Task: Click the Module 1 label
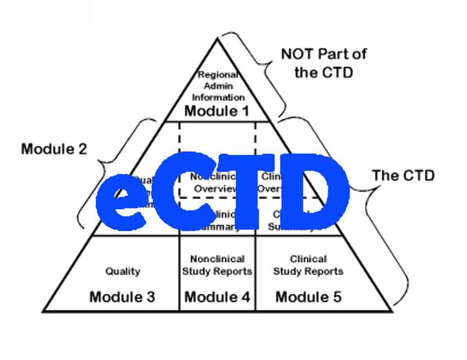click(217, 111)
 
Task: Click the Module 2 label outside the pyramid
click(54, 149)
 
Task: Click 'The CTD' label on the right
click(403, 175)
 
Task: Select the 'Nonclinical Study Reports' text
click(217, 265)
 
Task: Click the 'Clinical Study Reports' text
click(308, 265)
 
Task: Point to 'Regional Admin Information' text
click(216, 86)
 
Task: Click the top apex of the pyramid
click(217, 38)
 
